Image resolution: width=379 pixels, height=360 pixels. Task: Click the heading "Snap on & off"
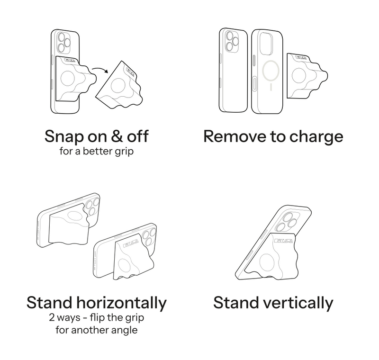(96, 137)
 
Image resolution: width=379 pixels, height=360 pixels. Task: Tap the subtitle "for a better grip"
(96, 152)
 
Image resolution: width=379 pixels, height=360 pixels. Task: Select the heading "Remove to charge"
(273, 137)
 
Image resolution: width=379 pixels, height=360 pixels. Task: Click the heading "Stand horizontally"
(96, 302)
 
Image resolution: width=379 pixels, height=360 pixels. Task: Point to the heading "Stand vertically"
(273, 302)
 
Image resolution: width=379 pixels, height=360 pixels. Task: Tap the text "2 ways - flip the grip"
(96, 317)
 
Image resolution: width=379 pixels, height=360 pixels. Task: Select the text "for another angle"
(96, 330)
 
